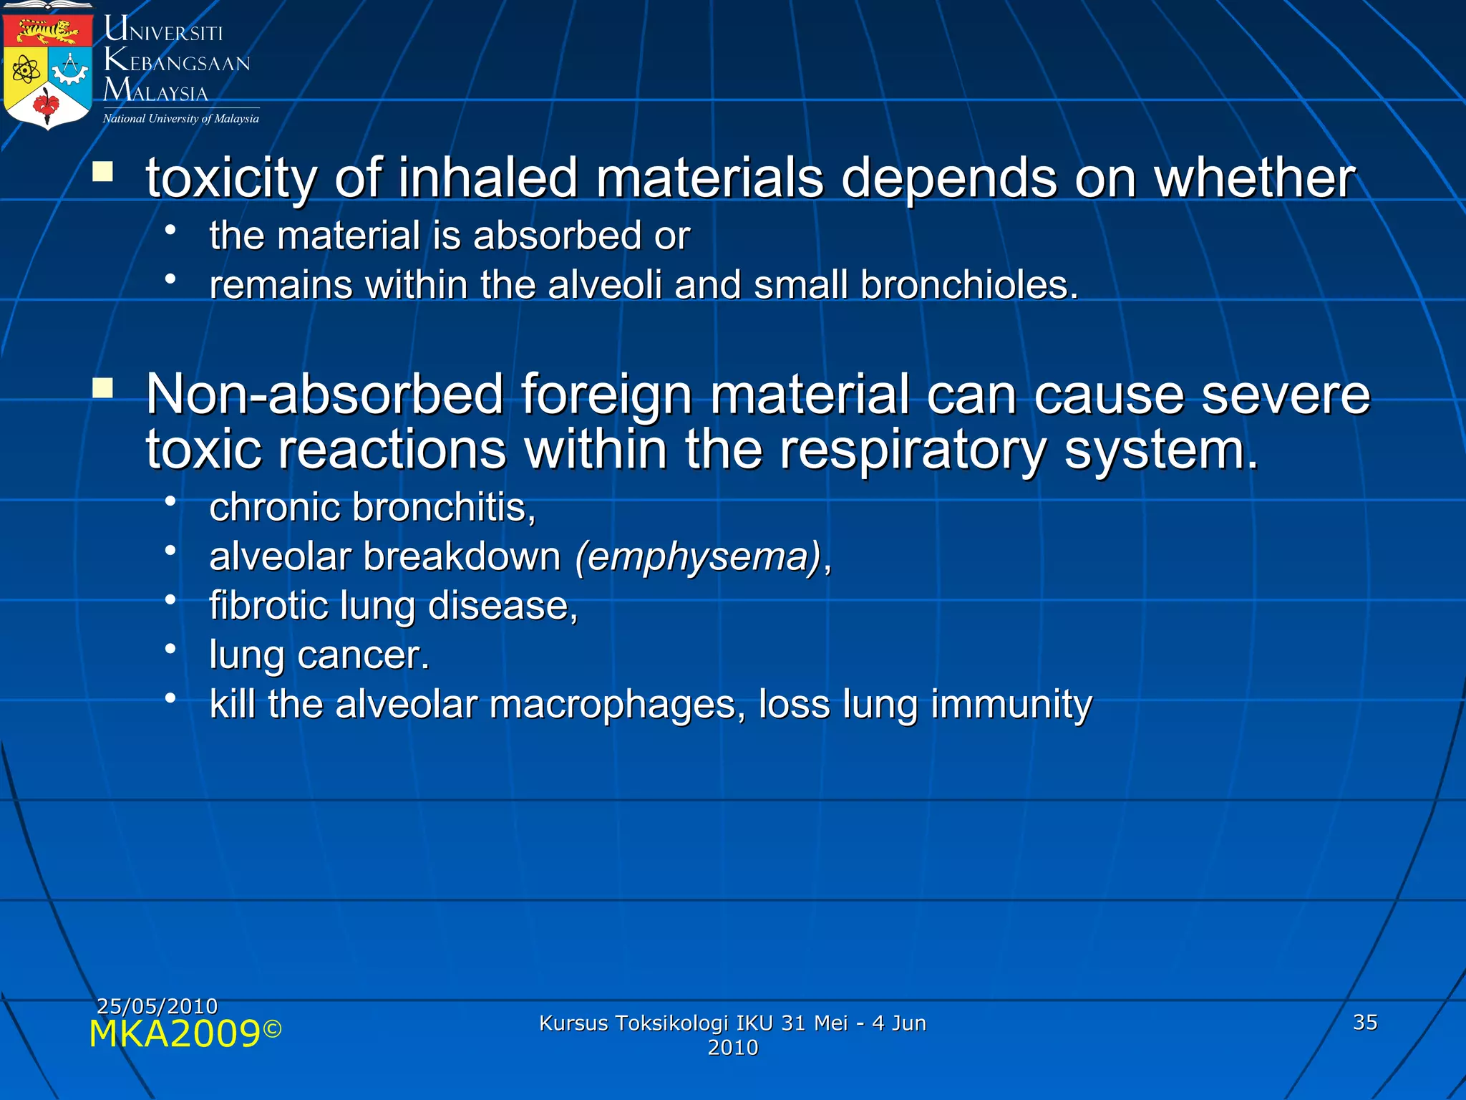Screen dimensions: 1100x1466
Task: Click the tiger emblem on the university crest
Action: pos(47,31)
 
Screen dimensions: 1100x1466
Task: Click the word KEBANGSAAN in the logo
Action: pos(178,62)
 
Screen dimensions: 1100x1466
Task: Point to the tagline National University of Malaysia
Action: pos(180,119)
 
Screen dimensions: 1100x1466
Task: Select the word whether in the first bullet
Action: pos(1255,178)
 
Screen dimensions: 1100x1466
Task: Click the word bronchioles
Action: pos(969,285)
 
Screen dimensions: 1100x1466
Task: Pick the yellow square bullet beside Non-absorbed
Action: pos(103,387)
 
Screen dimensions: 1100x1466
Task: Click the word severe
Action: pos(1285,395)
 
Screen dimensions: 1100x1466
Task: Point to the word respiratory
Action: pos(913,450)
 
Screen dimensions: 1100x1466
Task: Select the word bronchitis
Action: pos(444,508)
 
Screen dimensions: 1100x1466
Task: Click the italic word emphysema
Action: pos(697,557)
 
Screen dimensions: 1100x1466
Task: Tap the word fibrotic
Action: pos(268,606)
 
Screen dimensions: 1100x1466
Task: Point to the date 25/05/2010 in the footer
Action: pos(157,1005)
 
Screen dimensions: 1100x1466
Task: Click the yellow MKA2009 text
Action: pos(175,1034)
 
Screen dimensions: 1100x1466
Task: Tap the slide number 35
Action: pos(1364,1022)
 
